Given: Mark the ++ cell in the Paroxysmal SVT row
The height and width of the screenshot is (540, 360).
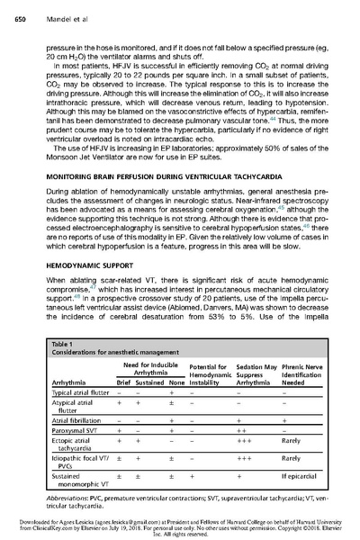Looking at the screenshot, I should [x=240, y=431].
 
